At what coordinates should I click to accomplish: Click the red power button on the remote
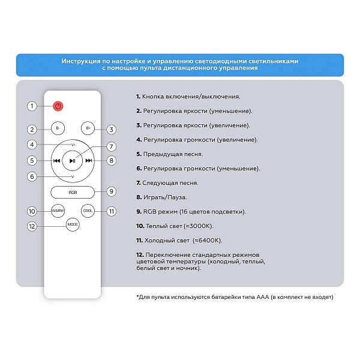[58, 106]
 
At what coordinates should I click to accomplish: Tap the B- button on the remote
[58, 128]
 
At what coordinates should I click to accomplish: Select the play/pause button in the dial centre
[73, 161]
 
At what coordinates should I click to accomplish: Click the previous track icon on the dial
[56, 161]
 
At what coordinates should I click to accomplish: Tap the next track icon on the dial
[89, 161]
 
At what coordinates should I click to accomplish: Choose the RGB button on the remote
[73, 193]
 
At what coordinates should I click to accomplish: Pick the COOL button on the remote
[88, 211]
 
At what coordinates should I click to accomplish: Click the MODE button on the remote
[73, 224]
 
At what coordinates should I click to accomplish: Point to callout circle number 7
[112, 146]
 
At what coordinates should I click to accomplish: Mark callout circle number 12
[32, 226]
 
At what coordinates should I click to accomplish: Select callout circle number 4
[32, 145]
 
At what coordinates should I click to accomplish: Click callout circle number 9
[112, 191]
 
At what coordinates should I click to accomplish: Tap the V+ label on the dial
[73, 145]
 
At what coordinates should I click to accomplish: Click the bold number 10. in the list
[140, 226]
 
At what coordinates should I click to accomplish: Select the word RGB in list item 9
[149, 212]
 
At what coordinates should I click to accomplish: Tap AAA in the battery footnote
[263, 297]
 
